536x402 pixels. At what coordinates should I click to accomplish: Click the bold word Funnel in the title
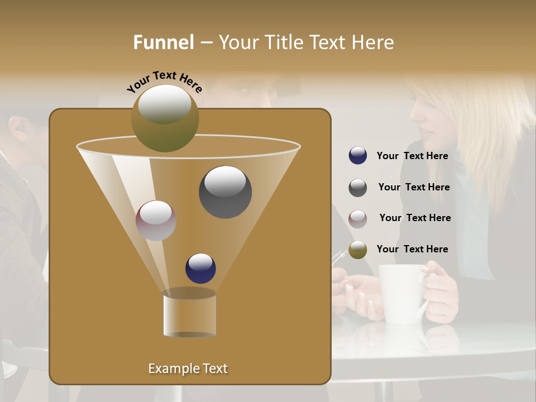pyautogui.click(x=163, y=42)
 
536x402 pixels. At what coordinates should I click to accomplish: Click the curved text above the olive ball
pyautogui.click(x=164, y=82)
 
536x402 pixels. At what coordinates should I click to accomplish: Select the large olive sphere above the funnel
pyautogui.click(x=165, y=118)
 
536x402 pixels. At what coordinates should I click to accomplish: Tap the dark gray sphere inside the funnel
pyautogui.click(x=225, y=192)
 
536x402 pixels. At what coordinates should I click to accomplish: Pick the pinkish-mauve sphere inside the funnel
pyautogui.click(x=156, y=221)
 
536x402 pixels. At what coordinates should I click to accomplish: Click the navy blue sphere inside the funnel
pyautogui.click(x=200, y=269)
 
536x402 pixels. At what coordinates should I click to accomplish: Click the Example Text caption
pyautogui.click(x=188, y=368)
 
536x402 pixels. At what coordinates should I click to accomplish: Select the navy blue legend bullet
pyautogui.click(x=358, y=156)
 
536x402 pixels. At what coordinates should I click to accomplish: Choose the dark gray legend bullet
pyautogui.click(x=358, y=188)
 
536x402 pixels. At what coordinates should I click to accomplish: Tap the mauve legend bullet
pyautogui.click(x=358, y=218)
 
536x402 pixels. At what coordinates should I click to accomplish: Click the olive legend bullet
pyautogui.click(x=358, y=250)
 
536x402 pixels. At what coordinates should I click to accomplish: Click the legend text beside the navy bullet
pyautogui.click(x=412, y=156)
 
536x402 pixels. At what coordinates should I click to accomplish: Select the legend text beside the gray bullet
pyautogui.click(x=414, y=187)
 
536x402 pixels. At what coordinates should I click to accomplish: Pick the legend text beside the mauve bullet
pyautogui.click(x=415, y=218)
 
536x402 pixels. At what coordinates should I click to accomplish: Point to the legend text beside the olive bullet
pyautogui.click(x=412, y=249)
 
